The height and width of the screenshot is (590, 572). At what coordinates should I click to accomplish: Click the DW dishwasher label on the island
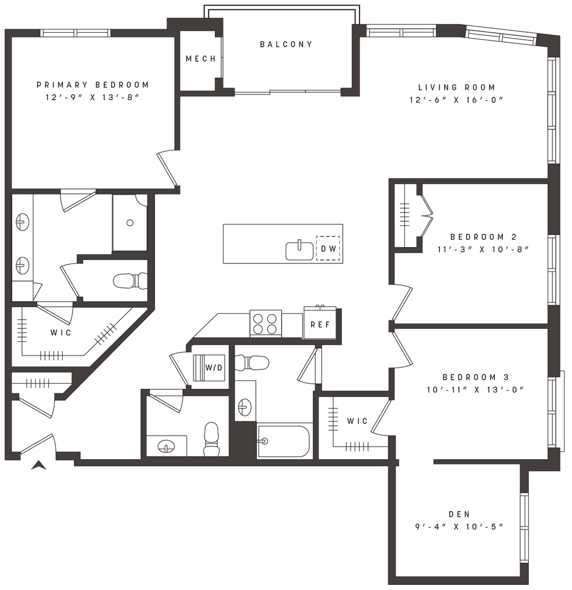[x=328, y=249]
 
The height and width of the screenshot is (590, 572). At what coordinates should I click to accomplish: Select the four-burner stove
[x=266, y=324]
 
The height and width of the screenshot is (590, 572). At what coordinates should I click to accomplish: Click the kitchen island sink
[x=300, y=251]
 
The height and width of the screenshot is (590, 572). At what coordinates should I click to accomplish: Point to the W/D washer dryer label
[x=214, y=368]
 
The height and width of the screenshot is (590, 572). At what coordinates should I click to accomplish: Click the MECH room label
[x=201, y=59]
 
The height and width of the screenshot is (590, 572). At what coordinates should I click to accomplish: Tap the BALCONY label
[x=286, y=44]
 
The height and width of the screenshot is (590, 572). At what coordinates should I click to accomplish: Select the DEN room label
[x=459, y=514]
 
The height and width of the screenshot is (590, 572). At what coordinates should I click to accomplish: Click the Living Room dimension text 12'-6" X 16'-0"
[x=457, y=100]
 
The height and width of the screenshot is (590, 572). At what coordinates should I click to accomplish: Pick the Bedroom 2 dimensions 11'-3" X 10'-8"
[x=483, y=249]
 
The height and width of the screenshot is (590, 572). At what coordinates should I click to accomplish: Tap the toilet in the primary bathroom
[x=131, y=281]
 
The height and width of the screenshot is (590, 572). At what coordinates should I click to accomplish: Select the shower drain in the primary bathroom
[x=130, y=223]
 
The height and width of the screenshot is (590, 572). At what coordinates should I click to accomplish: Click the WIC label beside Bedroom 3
[x=357, y=421]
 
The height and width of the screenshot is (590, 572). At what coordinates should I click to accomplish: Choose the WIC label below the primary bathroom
[x=60, y=332]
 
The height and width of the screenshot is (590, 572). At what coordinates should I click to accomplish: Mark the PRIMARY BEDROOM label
[x=93, y=85]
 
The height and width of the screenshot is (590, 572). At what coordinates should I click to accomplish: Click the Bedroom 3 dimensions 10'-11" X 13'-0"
[x=475, y=390]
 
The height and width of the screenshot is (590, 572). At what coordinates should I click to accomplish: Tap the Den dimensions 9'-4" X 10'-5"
[x=459, y=527]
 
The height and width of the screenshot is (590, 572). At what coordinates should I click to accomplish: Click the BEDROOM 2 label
[x=483, y=237]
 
